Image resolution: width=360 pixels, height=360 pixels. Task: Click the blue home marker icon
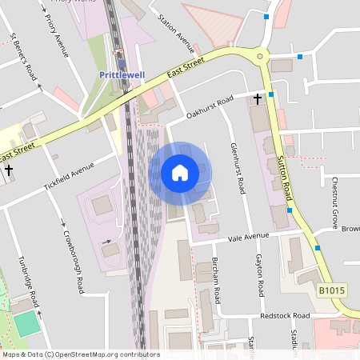pyautogui.click(x=179, y=173)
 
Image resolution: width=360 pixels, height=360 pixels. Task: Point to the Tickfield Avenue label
pyautogui.click(x=70, y=178)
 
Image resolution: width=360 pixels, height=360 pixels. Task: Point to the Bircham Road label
pyautogui.click(x=216, y=279)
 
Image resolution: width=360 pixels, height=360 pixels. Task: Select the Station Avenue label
pyautogui.click(x=176, y=31)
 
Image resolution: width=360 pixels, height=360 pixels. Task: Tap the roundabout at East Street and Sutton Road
pyautogui.click(x=260, y=57)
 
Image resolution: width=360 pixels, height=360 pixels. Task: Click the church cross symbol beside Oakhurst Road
pyautogui.click(x=258, y=99)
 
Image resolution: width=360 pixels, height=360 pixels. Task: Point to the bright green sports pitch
pyautogui.click(x=26, y=323)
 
